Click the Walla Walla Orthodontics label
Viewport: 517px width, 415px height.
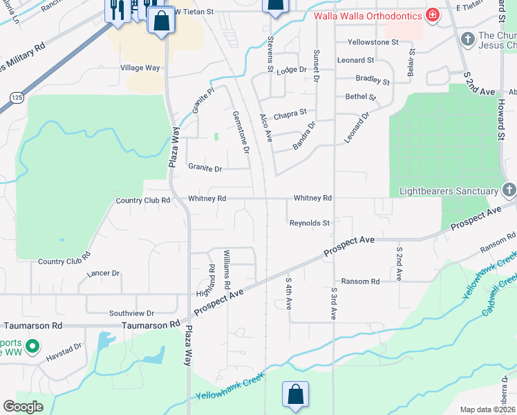tap(368, 15)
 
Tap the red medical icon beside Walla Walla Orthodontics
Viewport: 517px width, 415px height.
tap(432, 15)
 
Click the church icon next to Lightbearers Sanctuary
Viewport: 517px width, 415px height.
tap(509, 190)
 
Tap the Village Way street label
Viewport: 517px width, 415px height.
tap(140, 68)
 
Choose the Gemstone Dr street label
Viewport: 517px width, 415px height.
tap(241, 131)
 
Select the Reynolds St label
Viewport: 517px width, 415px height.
tap(310, 223)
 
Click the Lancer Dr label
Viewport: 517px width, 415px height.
tap(103, 273)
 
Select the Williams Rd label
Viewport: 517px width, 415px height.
tap(226, 275)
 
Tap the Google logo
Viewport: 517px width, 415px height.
tap(23, 407)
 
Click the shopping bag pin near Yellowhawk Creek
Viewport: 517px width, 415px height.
tap(295, 395)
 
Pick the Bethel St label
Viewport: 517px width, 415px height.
tap(360, 98)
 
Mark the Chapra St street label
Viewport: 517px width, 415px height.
tap(290, 112)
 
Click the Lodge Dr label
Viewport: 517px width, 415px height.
tap(291, 71)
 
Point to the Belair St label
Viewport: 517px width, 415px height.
tap(413, 62)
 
